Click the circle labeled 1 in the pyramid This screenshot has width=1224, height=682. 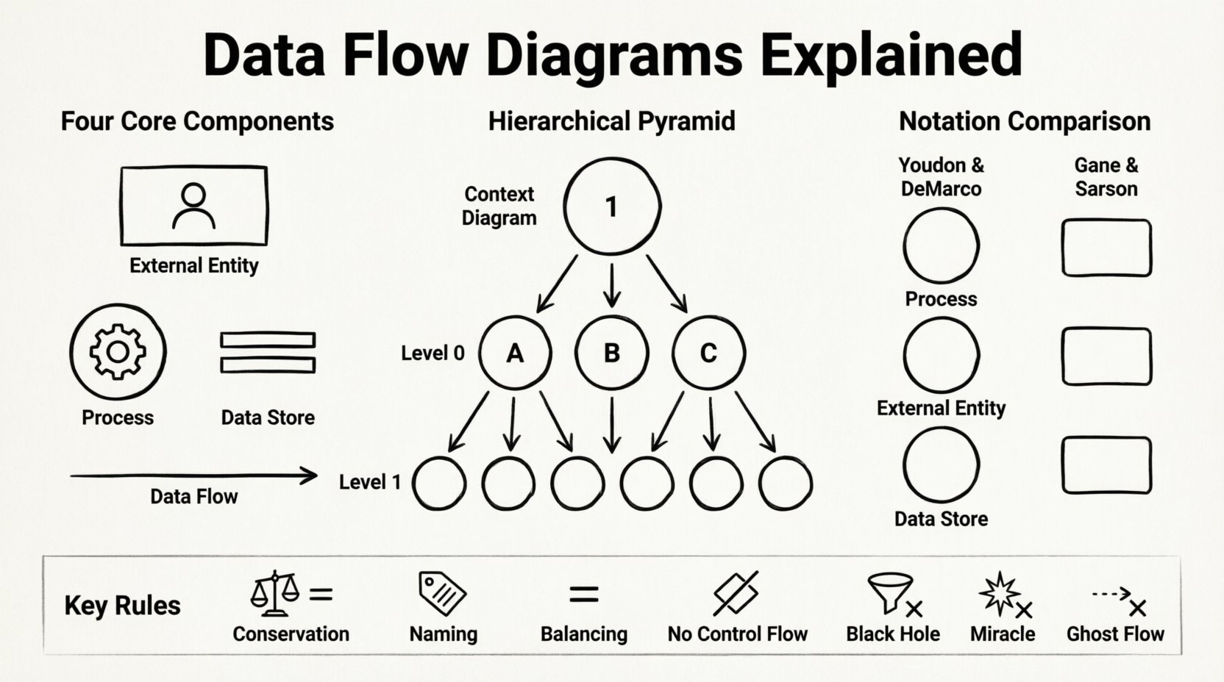(x=611, y=207)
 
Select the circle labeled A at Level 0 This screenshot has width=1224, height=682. (x=515, y=353)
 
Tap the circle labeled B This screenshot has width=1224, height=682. (x=611, y=353)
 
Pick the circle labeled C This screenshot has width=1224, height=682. (x=708, y=353)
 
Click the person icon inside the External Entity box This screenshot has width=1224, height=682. (x=193, y=206)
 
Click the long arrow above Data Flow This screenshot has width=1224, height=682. (x=193, y=476)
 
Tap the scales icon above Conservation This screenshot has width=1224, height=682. (x=275, y=593)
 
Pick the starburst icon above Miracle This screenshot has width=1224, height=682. (x=999, y=593)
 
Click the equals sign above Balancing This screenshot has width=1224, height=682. (x=584, y=594)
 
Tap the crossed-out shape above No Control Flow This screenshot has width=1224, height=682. (x=736, y=593)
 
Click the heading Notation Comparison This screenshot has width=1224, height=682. (x=1025, y=121)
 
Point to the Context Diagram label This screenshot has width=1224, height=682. (x=499, y=206)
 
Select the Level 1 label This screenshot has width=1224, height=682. (x=370, y=483)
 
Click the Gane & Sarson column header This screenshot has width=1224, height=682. (x=1106, y=177)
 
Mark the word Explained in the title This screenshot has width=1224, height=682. (x=891, y=55)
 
